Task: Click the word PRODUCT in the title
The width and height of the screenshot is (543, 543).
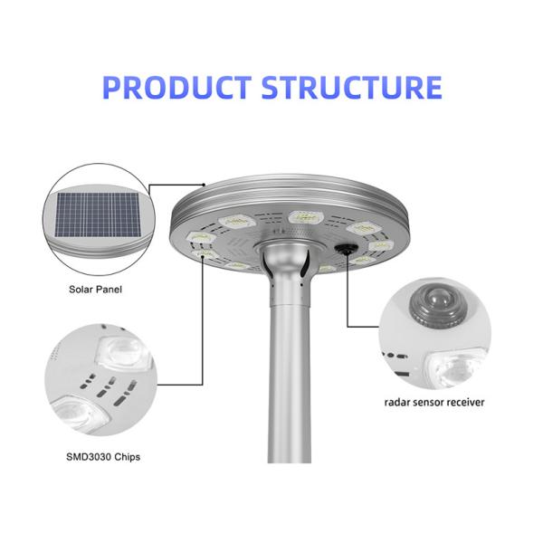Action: [x=177, y=87]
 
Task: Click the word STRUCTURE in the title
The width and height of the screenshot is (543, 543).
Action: [x=351, y=87]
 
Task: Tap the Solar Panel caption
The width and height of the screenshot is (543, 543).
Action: [x=95, y=290]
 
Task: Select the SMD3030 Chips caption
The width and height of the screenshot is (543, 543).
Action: [x=103, y=457]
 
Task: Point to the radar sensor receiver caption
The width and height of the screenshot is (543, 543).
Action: [x=434, y=402]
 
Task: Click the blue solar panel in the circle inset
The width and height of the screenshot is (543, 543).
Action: [x=99, y=214]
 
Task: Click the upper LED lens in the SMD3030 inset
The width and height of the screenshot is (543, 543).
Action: [x=123, y=352]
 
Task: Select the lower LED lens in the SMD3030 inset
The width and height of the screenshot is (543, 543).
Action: [x=79, y=414]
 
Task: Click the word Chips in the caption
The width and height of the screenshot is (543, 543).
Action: [x=127, y=457]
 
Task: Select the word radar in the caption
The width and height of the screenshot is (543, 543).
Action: [x=397, y=402]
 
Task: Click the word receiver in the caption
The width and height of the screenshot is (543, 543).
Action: [x=465, y=402]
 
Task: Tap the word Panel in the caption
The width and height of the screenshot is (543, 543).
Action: [x=108, y=290]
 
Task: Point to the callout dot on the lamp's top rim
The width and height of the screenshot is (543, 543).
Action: [x=204, y=185]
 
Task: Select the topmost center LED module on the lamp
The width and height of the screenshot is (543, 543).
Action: [x=306, y=217]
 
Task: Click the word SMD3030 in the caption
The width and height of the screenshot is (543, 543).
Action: [x=89, y=457]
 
